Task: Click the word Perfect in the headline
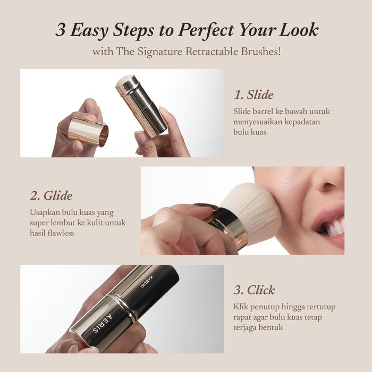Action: tap(206, 30)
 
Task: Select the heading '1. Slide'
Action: tap(253, 95)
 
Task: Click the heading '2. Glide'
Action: tap(51, 196)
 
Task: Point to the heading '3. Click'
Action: tap(255, 290)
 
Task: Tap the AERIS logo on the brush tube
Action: tap(103, 324)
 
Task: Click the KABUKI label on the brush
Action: tap(147, 282)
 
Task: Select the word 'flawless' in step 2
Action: tap(61, 233)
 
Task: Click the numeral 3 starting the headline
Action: tap(61, 30)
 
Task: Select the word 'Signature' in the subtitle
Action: tap(160, 52)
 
